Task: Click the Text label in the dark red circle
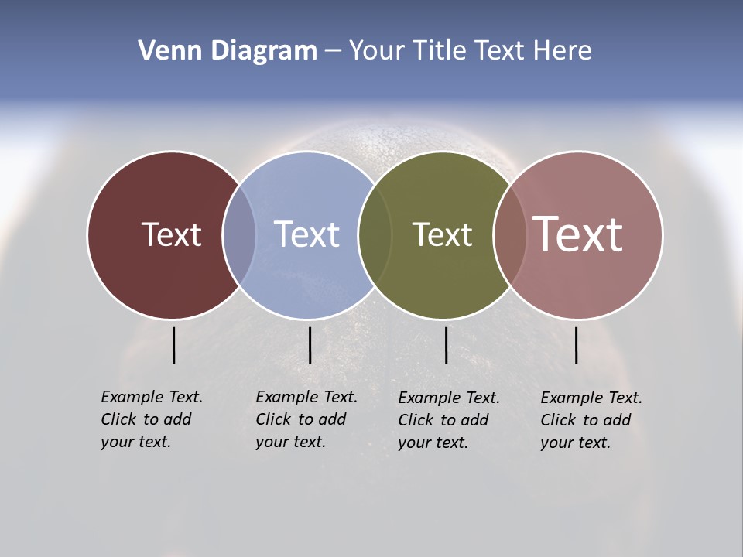171,234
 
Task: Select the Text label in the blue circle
306,234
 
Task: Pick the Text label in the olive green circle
442,234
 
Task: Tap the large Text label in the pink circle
578,234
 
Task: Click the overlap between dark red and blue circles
239,234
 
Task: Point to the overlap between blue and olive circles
375,234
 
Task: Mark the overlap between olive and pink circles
510,234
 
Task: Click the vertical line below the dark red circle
174,345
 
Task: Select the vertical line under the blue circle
310,345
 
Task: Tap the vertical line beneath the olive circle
446,345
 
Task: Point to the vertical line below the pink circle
576,345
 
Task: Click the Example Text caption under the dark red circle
152,419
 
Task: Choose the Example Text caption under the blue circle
306,419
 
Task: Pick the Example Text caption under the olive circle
449,420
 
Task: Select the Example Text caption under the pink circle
591,420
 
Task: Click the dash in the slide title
332,52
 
